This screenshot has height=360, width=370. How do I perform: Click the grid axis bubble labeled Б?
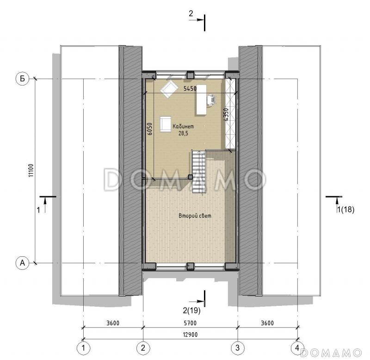[x=22, y=78]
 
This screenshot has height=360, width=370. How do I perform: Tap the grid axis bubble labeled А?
[x=22, y=263]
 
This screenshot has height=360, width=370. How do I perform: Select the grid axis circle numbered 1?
[x=83, y=348]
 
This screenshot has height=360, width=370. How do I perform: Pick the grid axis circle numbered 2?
[x=143, y=348]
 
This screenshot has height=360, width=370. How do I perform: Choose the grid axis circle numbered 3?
[x=237, y=348]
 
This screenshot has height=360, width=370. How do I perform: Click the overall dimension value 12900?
[x=190, y=335]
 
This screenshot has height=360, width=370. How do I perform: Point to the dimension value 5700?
[x=190, y=323]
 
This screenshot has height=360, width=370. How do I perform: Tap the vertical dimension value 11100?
[x=31, y=171]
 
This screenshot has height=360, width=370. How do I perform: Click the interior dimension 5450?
[x=190, y=88]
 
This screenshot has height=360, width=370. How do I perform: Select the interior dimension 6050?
[x=149, y=129]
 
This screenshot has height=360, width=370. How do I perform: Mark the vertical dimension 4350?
[x=226, y=115]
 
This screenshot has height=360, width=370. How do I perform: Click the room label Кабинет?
[x=183, y=126]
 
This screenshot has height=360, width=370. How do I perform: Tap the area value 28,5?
[x=183, y=133]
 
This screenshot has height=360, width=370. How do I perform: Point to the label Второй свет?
[x=195, y=216]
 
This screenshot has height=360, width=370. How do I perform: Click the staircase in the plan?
[x=198, y=171]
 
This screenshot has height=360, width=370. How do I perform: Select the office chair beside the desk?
[x=212, y=99]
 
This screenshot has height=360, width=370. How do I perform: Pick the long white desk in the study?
[x=201, y=100]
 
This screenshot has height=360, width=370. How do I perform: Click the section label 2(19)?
[x=191, y=310]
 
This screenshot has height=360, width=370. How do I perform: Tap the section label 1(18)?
[x=345, y=210]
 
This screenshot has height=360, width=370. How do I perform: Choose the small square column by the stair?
[x=190, y=177]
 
